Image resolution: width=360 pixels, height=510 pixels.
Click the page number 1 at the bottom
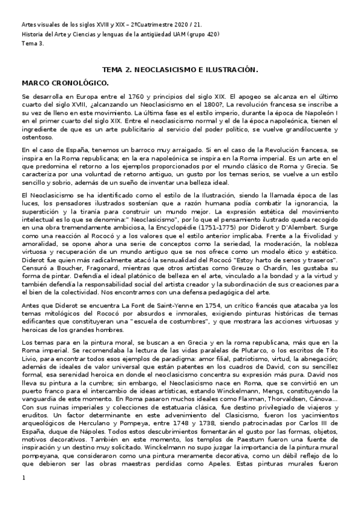[23, 495]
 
